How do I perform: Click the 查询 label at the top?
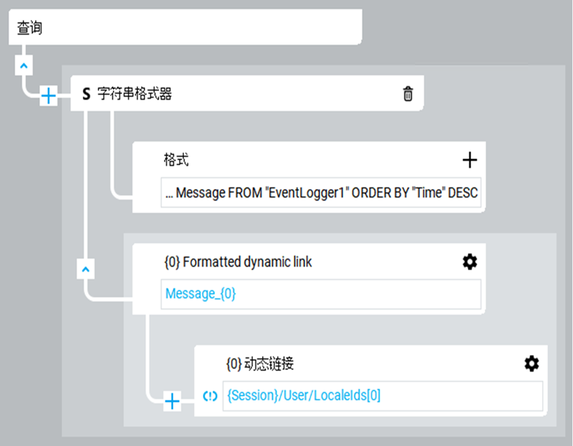coord(30,28)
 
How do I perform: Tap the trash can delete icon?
coord(408,94)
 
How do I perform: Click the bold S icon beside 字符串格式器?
coord(86,94)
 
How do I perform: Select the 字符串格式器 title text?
coord(134,94)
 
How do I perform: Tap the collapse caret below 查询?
coord(24,66)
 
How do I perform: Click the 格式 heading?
coord(176,159)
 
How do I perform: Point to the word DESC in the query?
coord(463,193)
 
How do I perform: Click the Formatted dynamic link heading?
coord(238,262)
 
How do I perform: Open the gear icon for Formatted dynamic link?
coord(470,262)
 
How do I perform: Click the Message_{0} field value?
coord(200,294)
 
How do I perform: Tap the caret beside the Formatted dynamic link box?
coord(86,270)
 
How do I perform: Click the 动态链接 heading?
coord(260,364)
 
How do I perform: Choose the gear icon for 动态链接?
coord(531,364)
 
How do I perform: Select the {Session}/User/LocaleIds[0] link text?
coord(304,396)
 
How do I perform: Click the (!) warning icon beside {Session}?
coord(210,396)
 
